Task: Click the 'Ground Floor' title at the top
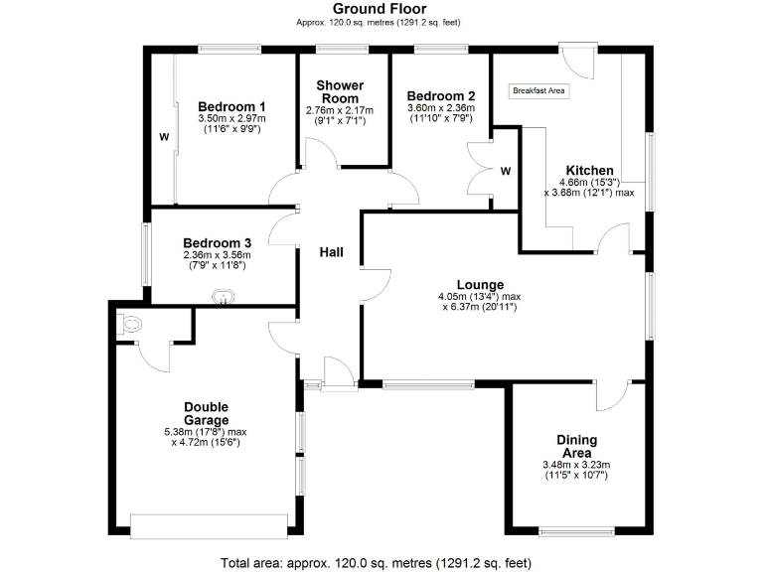pyautogui.click(x=381, y=8)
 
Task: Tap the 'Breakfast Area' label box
pyautogui.click(x=538, y=91)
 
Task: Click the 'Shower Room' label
pyautogui.click(x=340, y=91)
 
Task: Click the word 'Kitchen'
pyautogui.click(x=589, y=170)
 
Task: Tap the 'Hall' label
pyautogui.click(x=331, y=253)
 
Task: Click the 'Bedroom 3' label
pyautogui.click(x=217, y=243)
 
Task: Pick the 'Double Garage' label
pyautogui.click(x=206, y=413)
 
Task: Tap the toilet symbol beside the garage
pyautogui.click(x=125, y=323)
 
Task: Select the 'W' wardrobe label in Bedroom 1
pyautogui.click(x=163, y=137)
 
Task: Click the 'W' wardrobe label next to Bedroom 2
pyautogui.click(x=505, y=171)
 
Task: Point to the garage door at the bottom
pyautogui.click(x=210, y=525)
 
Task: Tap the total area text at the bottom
pyautogui.click(x=381, y=562)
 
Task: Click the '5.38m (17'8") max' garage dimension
pyautogui.click(x=206, y=432)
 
